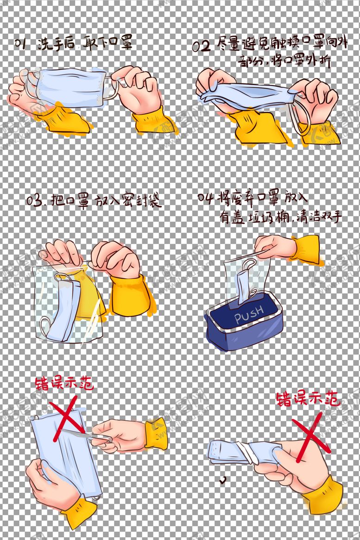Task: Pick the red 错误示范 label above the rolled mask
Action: (308, 398)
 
